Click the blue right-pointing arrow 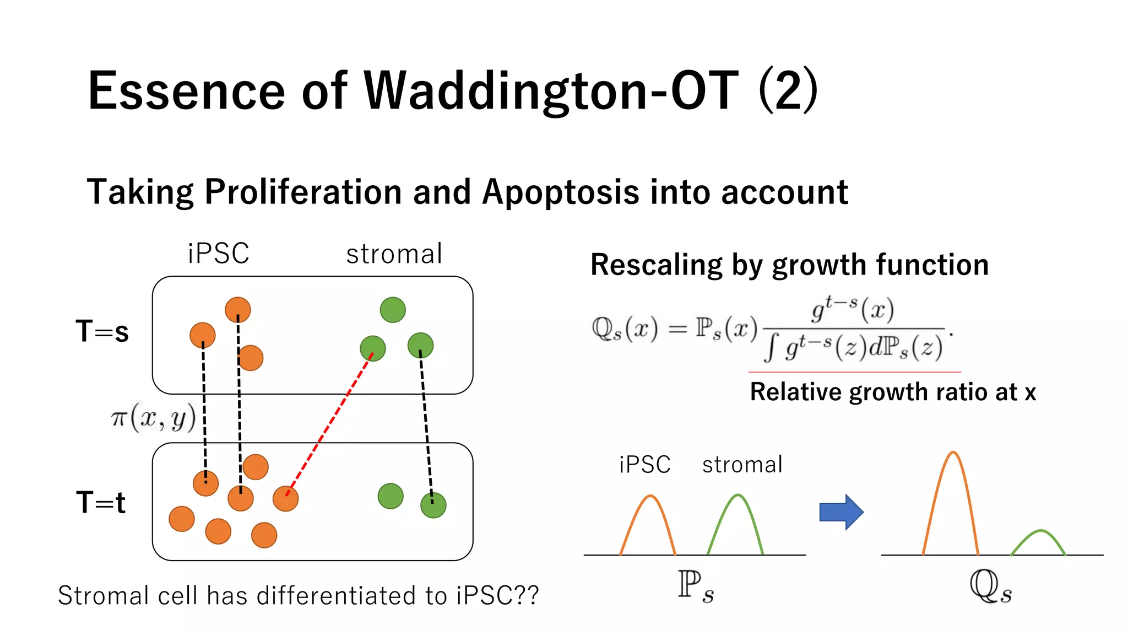point(840,512)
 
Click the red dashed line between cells point(329,424)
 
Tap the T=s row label point(102,331)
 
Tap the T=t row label point(101,502)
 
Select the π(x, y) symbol point(153,417)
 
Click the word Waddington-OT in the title point(551,91)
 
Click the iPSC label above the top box point(218,254)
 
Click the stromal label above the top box point(394,254)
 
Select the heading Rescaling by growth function point(789,265)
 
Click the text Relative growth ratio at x point(893,392)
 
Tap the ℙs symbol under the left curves point(696,587)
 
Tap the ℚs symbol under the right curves point(990,587)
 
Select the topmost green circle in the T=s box point(393,310)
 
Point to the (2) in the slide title point(788,91)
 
